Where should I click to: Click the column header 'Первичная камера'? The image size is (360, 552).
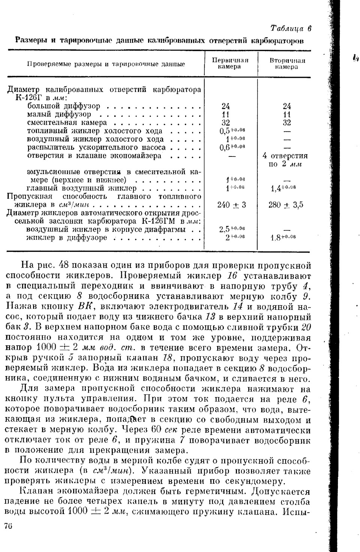tap(230, 63)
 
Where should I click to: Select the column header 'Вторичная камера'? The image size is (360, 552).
tap(287, 63)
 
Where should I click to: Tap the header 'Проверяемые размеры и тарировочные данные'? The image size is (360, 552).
tap(106, 64)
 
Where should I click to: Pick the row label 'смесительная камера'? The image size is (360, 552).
tap(67, 123)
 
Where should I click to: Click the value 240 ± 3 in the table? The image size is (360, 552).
tap(231, 205)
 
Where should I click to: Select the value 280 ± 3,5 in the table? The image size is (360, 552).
tap(286, 205)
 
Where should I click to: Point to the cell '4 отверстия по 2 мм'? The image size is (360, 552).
tap(285, 160)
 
